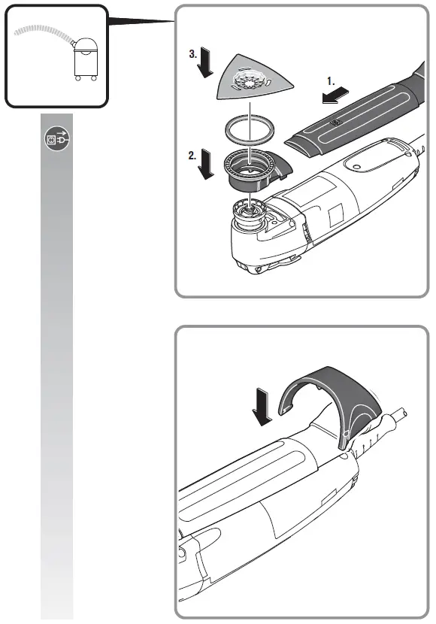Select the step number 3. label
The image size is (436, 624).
[x=194, y=55]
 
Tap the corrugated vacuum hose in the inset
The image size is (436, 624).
[x=45, y=31]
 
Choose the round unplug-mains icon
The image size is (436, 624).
[x=56, y=139]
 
